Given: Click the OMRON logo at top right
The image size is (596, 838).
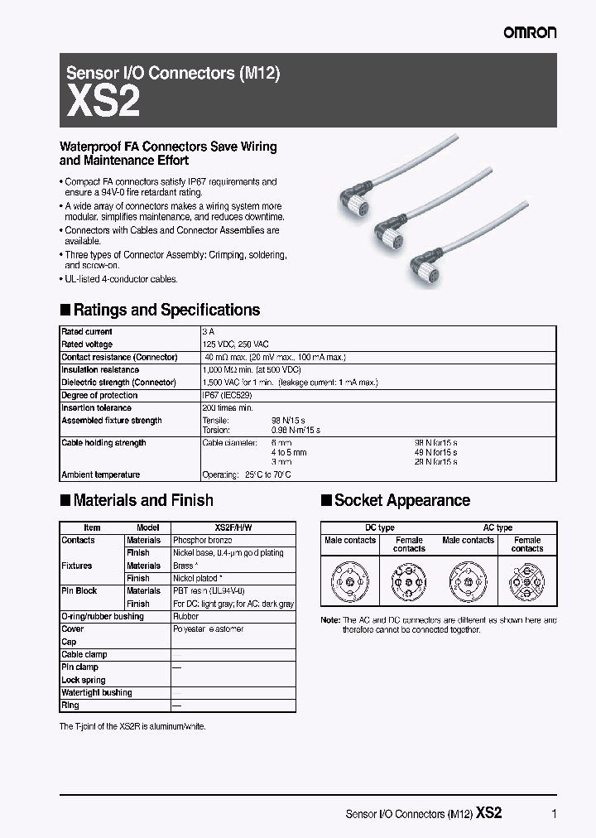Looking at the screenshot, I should [x=531, y=32].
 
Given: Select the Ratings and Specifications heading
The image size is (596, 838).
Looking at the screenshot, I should [x=166, y=311].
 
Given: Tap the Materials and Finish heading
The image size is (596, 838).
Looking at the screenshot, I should [x=143, y=500].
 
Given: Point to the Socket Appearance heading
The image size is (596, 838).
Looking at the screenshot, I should [x=401, y=500].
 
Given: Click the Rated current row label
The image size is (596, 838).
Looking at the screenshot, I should [x=88, y=331].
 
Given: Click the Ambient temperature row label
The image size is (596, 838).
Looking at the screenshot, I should [x=101, y=474].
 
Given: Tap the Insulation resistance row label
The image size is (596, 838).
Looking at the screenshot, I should [x=100, y=369].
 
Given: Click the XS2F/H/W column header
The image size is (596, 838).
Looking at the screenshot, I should [x=233, y=527].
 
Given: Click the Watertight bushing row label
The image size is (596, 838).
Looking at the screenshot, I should [x=97, y=692].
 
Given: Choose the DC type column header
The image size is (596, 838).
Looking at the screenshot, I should [x=380, y=527].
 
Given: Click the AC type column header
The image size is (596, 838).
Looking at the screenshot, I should [x=497, y=527].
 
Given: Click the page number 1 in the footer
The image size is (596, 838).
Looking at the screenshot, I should [x=554, y=814].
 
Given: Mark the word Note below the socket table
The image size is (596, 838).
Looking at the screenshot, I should [x=329, y=620].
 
